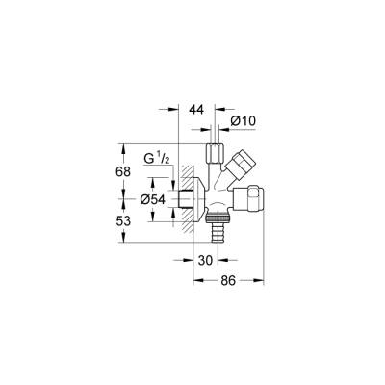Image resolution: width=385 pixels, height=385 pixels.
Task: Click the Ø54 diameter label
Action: coord(154,199)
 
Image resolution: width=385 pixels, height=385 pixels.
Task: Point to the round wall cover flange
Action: coord(198,197)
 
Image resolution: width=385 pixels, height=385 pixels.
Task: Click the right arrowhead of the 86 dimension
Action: coord(262,280)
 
